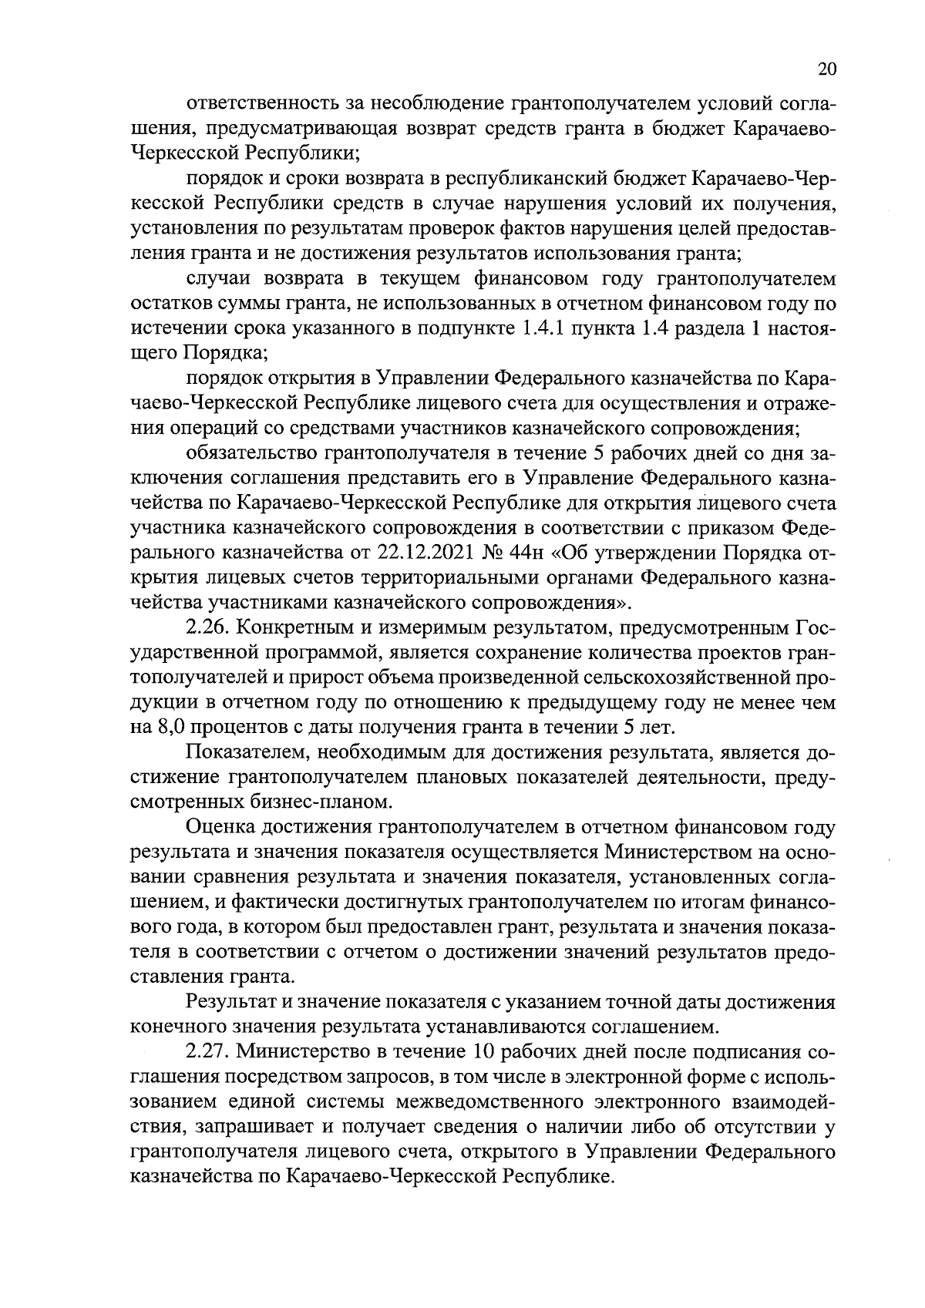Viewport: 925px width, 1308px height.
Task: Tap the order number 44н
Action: click(557, 553)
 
